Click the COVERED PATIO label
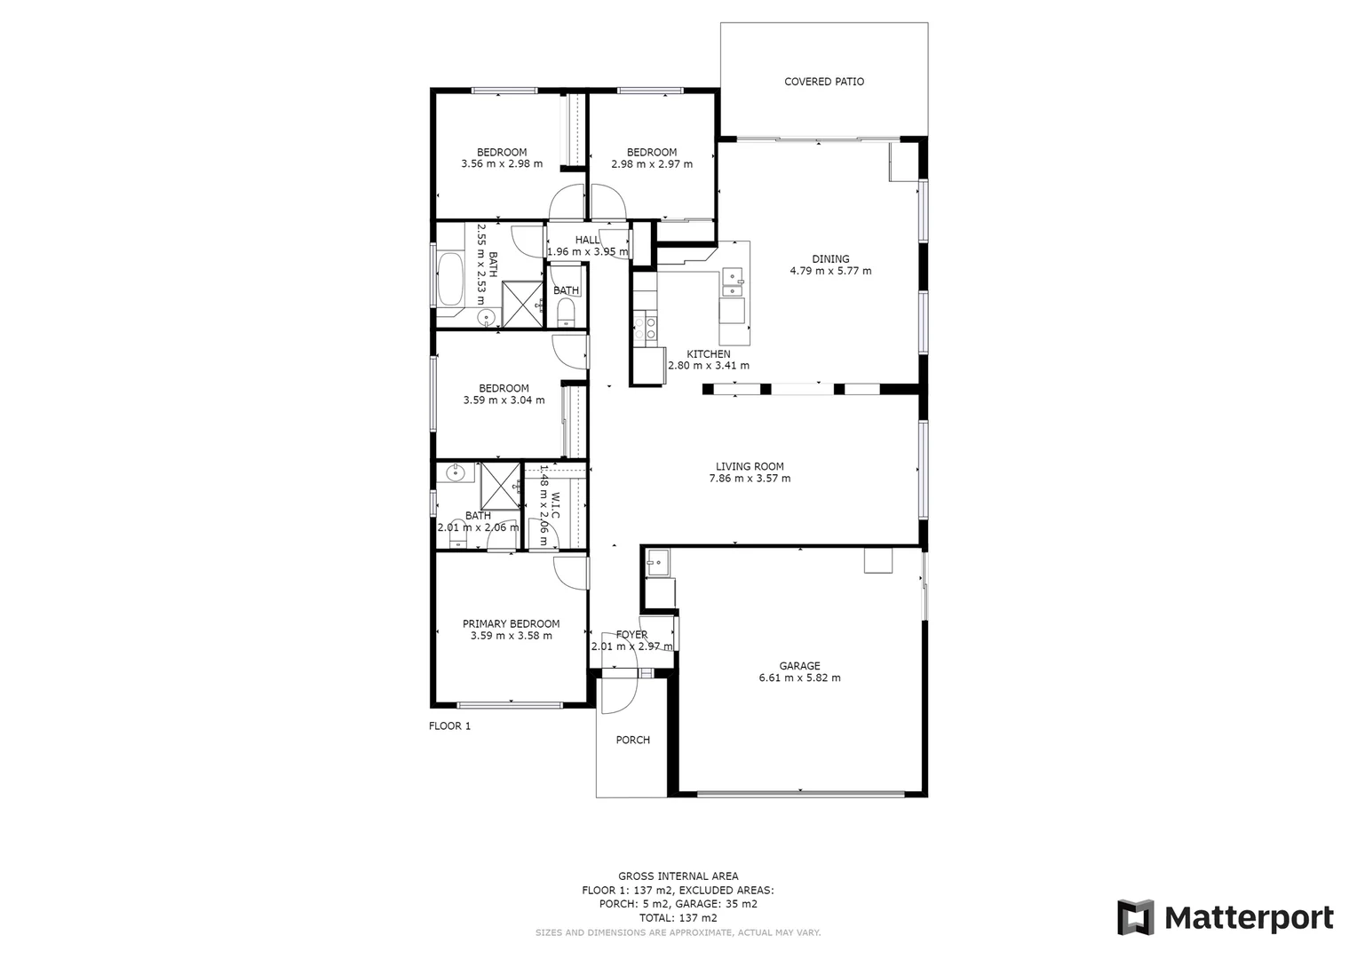tap(823, 82)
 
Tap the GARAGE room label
tap(799, 666)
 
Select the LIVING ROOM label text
tap(750, 466)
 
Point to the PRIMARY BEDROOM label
tap(511, 624)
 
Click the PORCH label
tap(632, 740)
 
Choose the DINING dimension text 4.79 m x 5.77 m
tap(830, 271)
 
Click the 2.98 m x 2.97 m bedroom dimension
tap(651, 164)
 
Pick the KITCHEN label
tap(708, 354)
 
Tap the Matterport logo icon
tap(1135, 917)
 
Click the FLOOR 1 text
tap(449, 726)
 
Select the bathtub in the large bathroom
tap(450, 279)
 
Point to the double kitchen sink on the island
tap(733, 282)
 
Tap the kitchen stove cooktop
tap(645, 329)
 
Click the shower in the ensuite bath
tap(500, 486)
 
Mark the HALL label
tap(587, 240)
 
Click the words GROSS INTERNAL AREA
tap(678, 876)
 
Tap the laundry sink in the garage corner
tap(658, 560)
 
